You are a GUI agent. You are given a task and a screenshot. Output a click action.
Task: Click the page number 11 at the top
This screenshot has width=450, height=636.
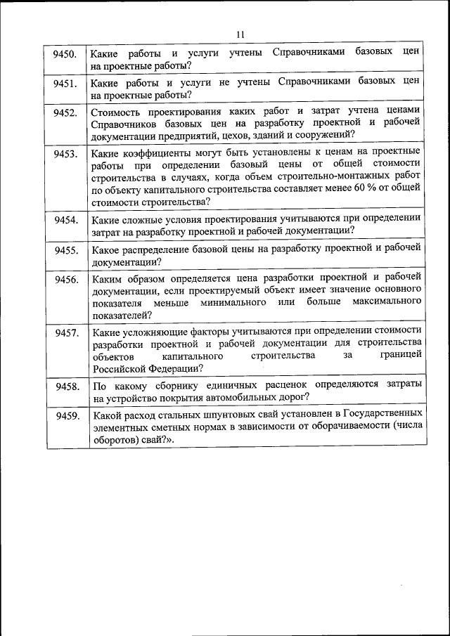[240, 34]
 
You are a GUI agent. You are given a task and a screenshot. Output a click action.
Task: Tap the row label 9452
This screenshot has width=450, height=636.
[65, 112]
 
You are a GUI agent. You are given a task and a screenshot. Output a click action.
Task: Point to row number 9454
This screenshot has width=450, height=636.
[65, 220]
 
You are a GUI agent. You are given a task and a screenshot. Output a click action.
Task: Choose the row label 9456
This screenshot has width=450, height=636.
[65, 279]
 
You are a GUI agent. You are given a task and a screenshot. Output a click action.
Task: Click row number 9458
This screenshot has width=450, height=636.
[65, 387]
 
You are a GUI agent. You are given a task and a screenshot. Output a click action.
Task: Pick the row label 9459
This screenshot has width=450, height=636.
[65, 416]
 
